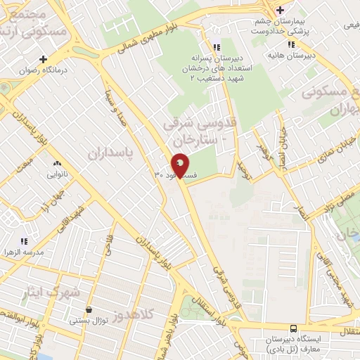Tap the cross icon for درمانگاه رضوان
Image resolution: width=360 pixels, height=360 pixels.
click(44, 59)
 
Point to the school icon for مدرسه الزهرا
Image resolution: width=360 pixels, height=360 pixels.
click(24, 240)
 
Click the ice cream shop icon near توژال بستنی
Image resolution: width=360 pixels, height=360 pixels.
click(88, 310)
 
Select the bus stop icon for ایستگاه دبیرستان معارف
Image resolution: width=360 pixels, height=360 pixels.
click(293, 328)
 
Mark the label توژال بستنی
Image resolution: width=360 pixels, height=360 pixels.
click(88, 321)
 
